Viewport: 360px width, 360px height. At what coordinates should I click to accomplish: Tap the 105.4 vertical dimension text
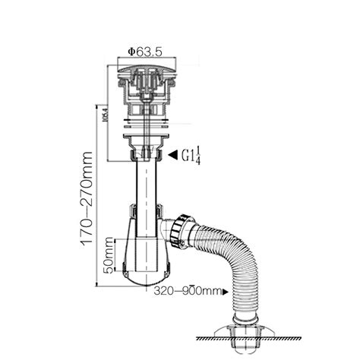pyautogui.click(x=104, y=117)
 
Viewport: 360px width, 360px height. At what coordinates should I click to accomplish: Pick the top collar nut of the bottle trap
pyautogui.click(x=143, y=211)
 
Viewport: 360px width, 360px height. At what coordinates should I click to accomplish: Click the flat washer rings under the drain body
pyautogui.click(x=143, y=128)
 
